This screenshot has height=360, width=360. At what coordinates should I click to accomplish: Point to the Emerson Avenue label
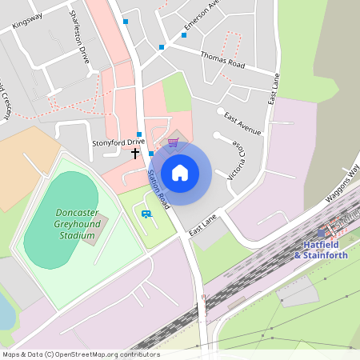pos(202,17)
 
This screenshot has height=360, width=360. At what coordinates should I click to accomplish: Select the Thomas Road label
pos(222,58)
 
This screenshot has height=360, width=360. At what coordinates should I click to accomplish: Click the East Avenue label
pos(242,122)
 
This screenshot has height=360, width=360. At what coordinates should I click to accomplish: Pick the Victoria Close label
pos(237,158)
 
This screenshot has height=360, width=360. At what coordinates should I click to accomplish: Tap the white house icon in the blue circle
pos(180,173)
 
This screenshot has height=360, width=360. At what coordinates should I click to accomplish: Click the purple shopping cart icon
pos(173,142)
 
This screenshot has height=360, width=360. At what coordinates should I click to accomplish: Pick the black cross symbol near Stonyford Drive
pos(135,152)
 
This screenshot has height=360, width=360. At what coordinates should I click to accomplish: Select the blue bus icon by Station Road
pos(146,214)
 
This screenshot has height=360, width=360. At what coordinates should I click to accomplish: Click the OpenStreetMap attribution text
pos(81,354)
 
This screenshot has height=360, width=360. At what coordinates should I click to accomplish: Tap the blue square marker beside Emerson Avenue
pos(162,47)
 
